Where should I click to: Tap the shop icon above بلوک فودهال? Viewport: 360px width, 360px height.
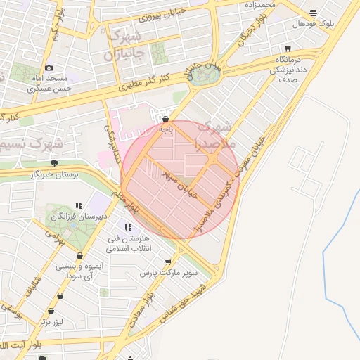tap(313, 13)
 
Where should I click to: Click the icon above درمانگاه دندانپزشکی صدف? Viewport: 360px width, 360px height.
tap(287, 48)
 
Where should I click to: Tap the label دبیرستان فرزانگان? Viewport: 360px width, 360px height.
tap(82, 216)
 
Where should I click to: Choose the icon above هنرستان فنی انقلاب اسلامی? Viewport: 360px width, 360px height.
tap(127, 227)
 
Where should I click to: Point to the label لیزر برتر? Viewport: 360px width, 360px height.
tap(52, 321)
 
